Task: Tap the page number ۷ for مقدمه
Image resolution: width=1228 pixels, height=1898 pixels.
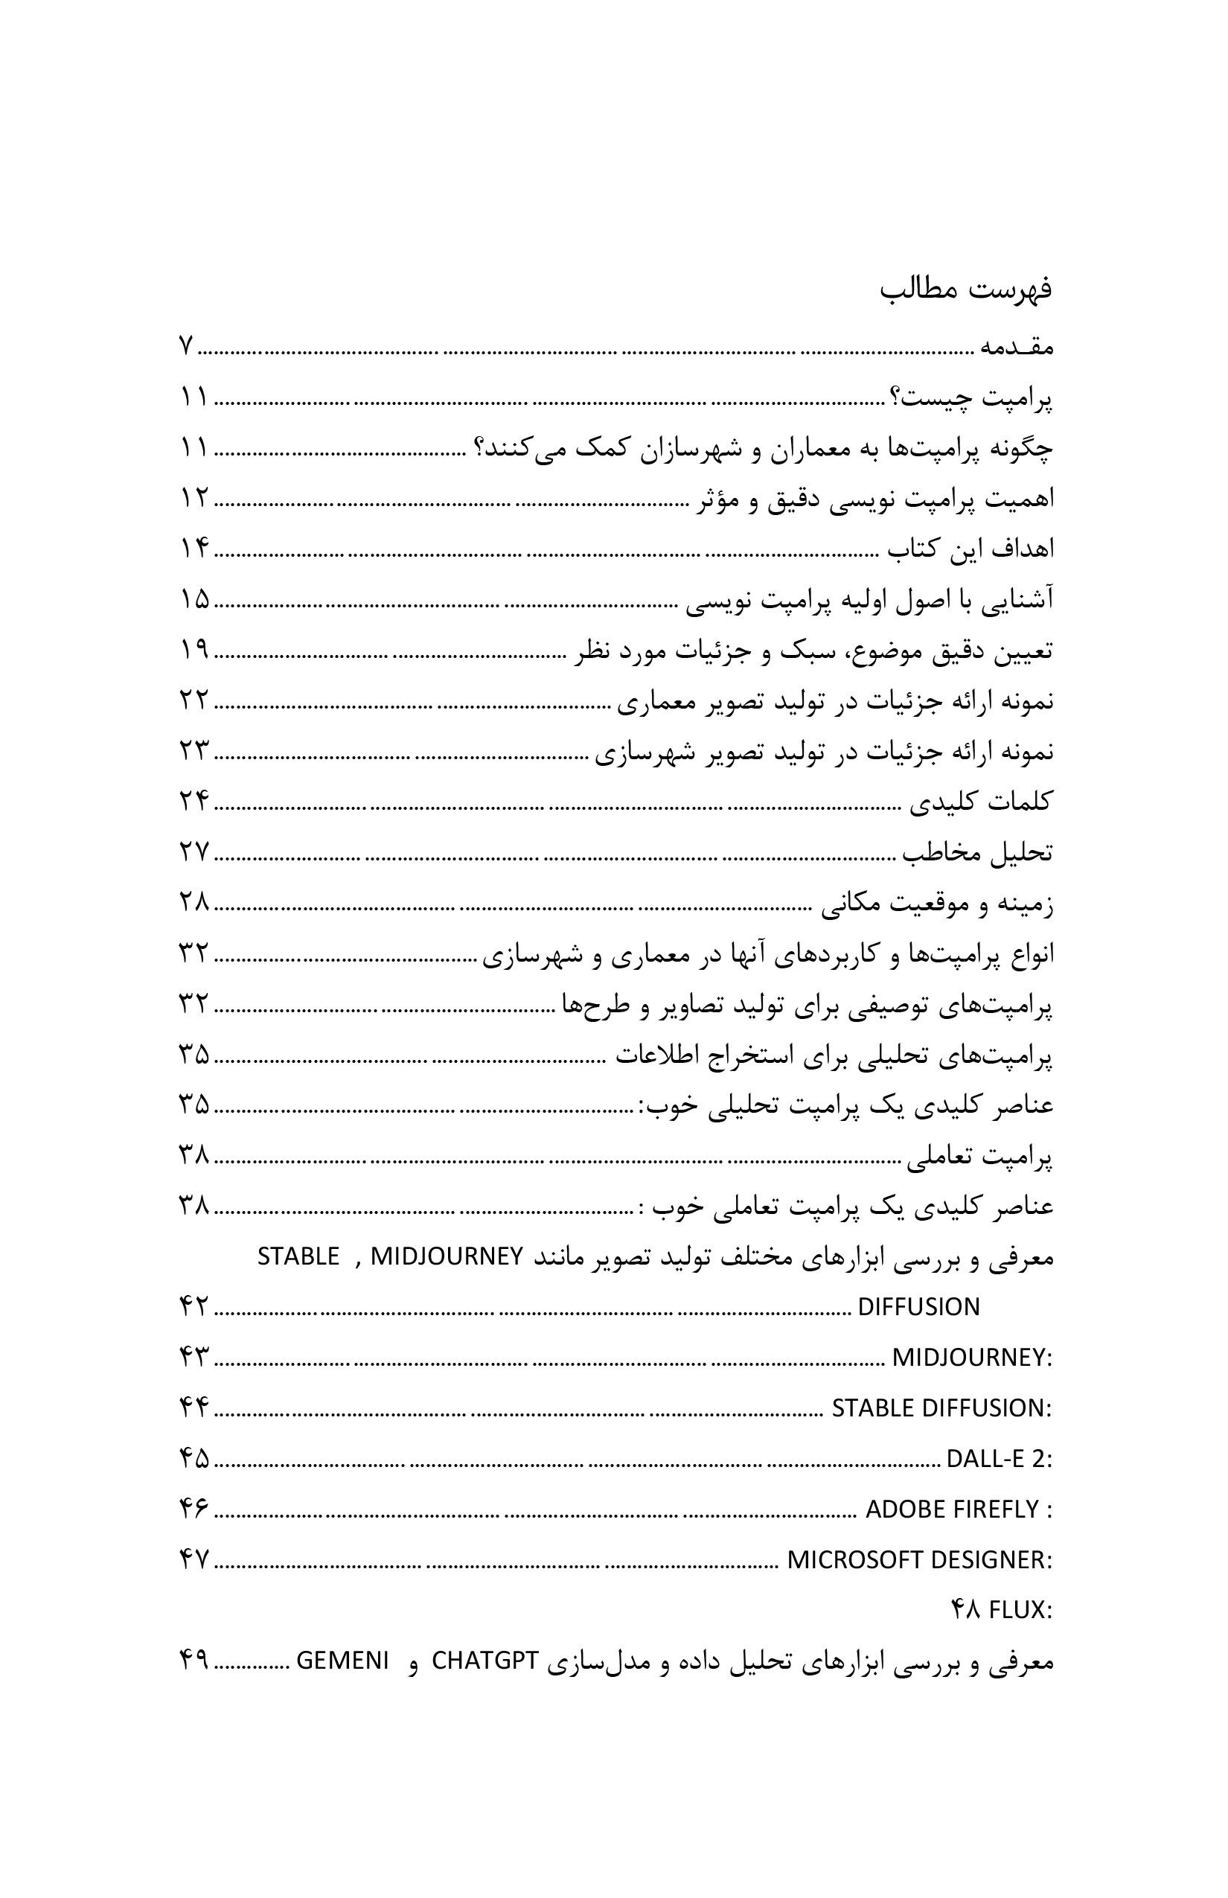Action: coord(185,348)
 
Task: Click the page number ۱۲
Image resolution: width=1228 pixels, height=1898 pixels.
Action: coord(193,500)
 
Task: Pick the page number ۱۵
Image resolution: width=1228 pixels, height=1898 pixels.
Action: coord(193,601)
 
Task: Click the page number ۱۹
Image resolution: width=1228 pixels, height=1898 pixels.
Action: coord(193,651)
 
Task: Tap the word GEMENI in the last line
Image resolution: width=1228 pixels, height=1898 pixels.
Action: coord(343,1662)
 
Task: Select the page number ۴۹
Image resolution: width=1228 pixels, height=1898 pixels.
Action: coord(193,1662)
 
